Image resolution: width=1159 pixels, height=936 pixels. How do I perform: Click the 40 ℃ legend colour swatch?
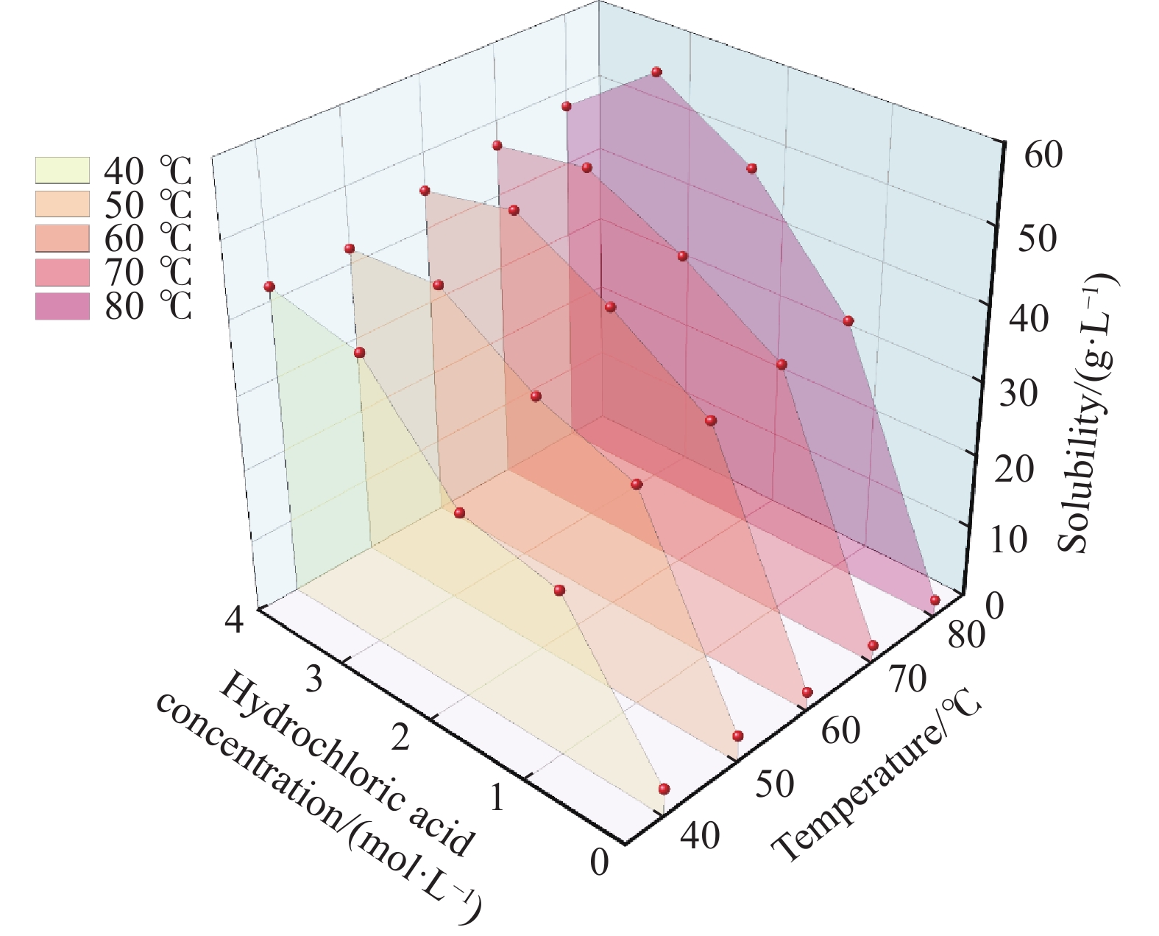pos(63,170)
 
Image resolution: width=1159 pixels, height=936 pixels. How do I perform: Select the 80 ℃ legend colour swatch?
pos(63,306)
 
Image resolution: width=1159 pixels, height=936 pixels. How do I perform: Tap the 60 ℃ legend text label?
pos(148,239)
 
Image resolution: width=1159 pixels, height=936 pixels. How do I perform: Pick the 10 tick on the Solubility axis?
pos(1009,540)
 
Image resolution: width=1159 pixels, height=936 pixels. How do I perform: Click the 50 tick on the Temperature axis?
pos(774,784)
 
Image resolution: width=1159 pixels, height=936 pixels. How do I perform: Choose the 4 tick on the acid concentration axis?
pos(235,620)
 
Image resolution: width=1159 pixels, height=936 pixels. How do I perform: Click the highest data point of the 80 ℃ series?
pos(656,71)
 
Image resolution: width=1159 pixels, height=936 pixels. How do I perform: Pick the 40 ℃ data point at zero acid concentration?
pos(664,789)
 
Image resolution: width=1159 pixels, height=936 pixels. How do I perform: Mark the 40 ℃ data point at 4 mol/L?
pos(269,286)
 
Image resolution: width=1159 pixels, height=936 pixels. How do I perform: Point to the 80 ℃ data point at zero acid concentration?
pos(935,601)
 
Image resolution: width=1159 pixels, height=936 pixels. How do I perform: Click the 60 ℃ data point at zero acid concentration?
pos(807,692)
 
